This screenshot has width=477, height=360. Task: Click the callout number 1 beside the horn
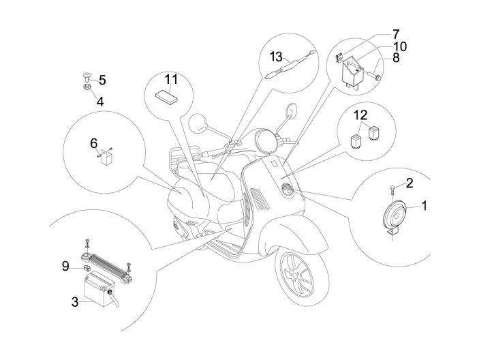(425, 205)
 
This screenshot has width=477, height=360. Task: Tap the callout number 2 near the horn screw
(410, 182)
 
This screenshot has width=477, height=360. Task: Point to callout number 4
(99, 102)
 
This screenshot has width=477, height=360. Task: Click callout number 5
(102, 80)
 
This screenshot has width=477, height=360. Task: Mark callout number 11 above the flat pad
(170, 79)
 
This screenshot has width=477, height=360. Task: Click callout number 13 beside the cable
(275, 55)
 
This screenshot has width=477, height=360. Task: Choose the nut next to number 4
(89, 87)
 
